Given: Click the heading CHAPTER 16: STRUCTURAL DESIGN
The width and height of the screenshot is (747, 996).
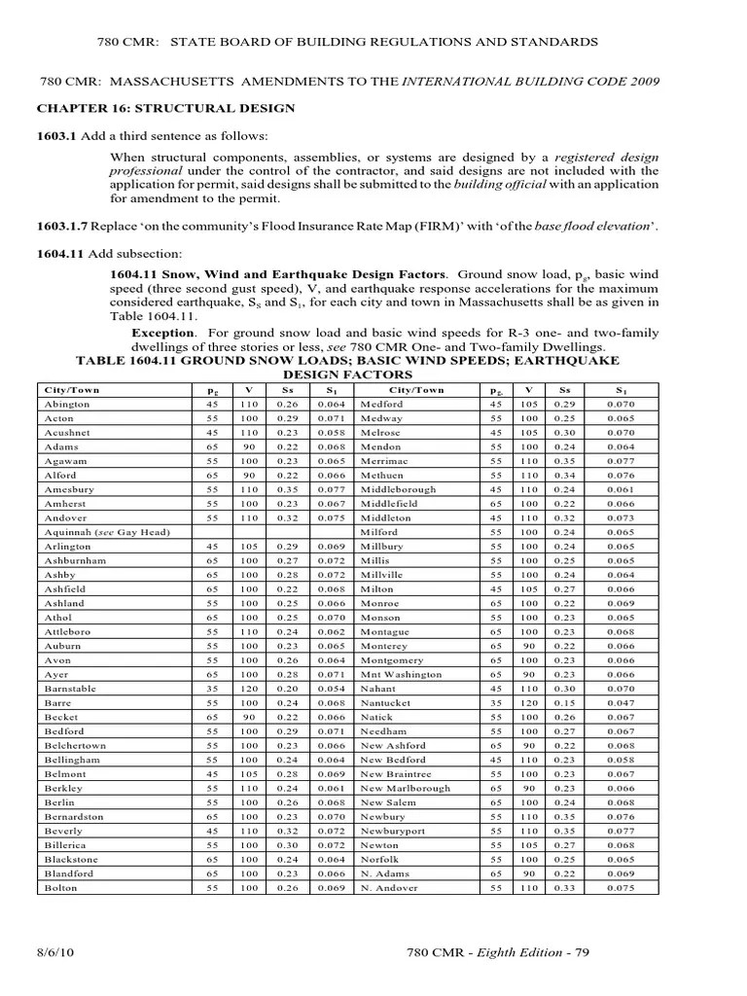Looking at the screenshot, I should (166, 108).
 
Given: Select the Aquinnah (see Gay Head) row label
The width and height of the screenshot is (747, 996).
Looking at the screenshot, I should (107, 532).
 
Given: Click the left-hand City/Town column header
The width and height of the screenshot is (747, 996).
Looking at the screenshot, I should (72, 390).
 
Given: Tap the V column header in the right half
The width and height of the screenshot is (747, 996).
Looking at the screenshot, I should (529, 390).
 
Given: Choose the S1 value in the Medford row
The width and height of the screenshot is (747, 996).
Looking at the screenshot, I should (620, 404).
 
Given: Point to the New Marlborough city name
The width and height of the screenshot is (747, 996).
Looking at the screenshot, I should (406, 788).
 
